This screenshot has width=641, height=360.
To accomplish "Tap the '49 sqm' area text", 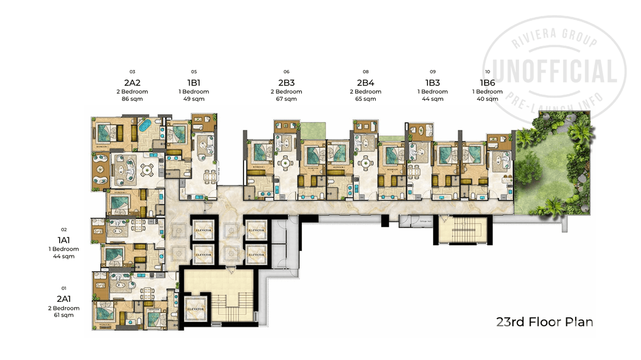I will (194, 99).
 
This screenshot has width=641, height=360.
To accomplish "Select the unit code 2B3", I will (286, 82).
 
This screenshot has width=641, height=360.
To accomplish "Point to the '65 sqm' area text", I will (365, 99).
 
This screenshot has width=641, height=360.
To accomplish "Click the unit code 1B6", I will (487, 82).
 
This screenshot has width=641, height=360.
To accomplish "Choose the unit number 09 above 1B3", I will (433, 72).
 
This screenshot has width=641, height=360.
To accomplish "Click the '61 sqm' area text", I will (64, 315).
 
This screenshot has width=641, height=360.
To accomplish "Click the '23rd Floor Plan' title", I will (545, 322).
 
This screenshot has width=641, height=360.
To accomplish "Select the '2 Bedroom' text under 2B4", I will (365, 92).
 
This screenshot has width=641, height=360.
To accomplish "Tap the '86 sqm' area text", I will (132, 99).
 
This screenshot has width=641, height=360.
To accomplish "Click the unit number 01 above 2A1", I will (64, 288).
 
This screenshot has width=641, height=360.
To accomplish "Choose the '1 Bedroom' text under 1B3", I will (433, 92).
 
